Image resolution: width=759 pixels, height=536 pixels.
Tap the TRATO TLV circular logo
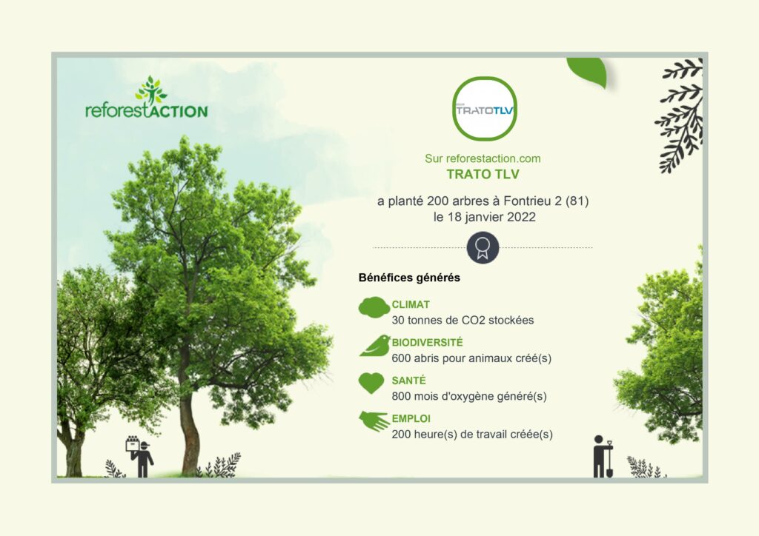(485, 109)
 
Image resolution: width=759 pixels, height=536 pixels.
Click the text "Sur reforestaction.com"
(483, 158)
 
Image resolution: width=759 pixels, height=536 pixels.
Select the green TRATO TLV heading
(483, 174)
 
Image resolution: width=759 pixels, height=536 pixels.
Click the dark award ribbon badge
(483, 247)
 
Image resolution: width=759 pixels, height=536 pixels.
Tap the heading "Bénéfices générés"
(409, 278)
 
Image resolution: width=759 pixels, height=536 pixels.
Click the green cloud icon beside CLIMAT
(374, 307)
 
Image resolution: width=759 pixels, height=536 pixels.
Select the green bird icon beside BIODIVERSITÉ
(375, 346)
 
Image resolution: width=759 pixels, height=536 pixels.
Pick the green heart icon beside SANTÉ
(371, 383)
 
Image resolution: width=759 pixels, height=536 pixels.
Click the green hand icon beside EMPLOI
(374, 421)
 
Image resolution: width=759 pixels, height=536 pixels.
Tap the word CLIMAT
(411, 305)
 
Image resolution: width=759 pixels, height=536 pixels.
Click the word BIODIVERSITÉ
(428, 343)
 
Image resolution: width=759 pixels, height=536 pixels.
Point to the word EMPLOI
(411, 418)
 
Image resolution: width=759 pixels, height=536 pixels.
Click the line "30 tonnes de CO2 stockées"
(463, 321)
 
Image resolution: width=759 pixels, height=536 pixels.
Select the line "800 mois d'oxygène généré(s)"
(469, 396)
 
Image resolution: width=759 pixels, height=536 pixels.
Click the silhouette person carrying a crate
(140, 457)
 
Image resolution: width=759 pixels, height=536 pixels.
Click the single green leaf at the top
(587, 72)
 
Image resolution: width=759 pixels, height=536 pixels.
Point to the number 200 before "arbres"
(437, 201)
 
